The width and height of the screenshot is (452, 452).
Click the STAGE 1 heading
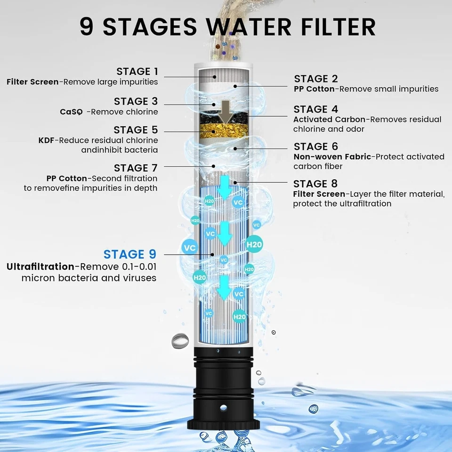coord(137,72)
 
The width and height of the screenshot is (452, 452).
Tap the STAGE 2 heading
coord(316,79)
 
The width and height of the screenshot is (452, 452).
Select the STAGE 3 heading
coord(136,101)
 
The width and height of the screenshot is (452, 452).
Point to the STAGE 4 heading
coord(316,109)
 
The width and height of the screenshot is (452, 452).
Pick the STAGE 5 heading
coord(136,130)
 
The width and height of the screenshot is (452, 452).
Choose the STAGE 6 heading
coord(316,146)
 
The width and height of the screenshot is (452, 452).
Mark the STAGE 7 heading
coord(136,168)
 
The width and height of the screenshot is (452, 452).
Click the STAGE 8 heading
coord(316,184)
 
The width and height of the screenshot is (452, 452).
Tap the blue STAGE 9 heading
coord(129,254)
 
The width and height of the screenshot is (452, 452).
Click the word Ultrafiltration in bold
coord(40,267)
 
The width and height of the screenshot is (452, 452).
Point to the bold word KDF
coord(47,140)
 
